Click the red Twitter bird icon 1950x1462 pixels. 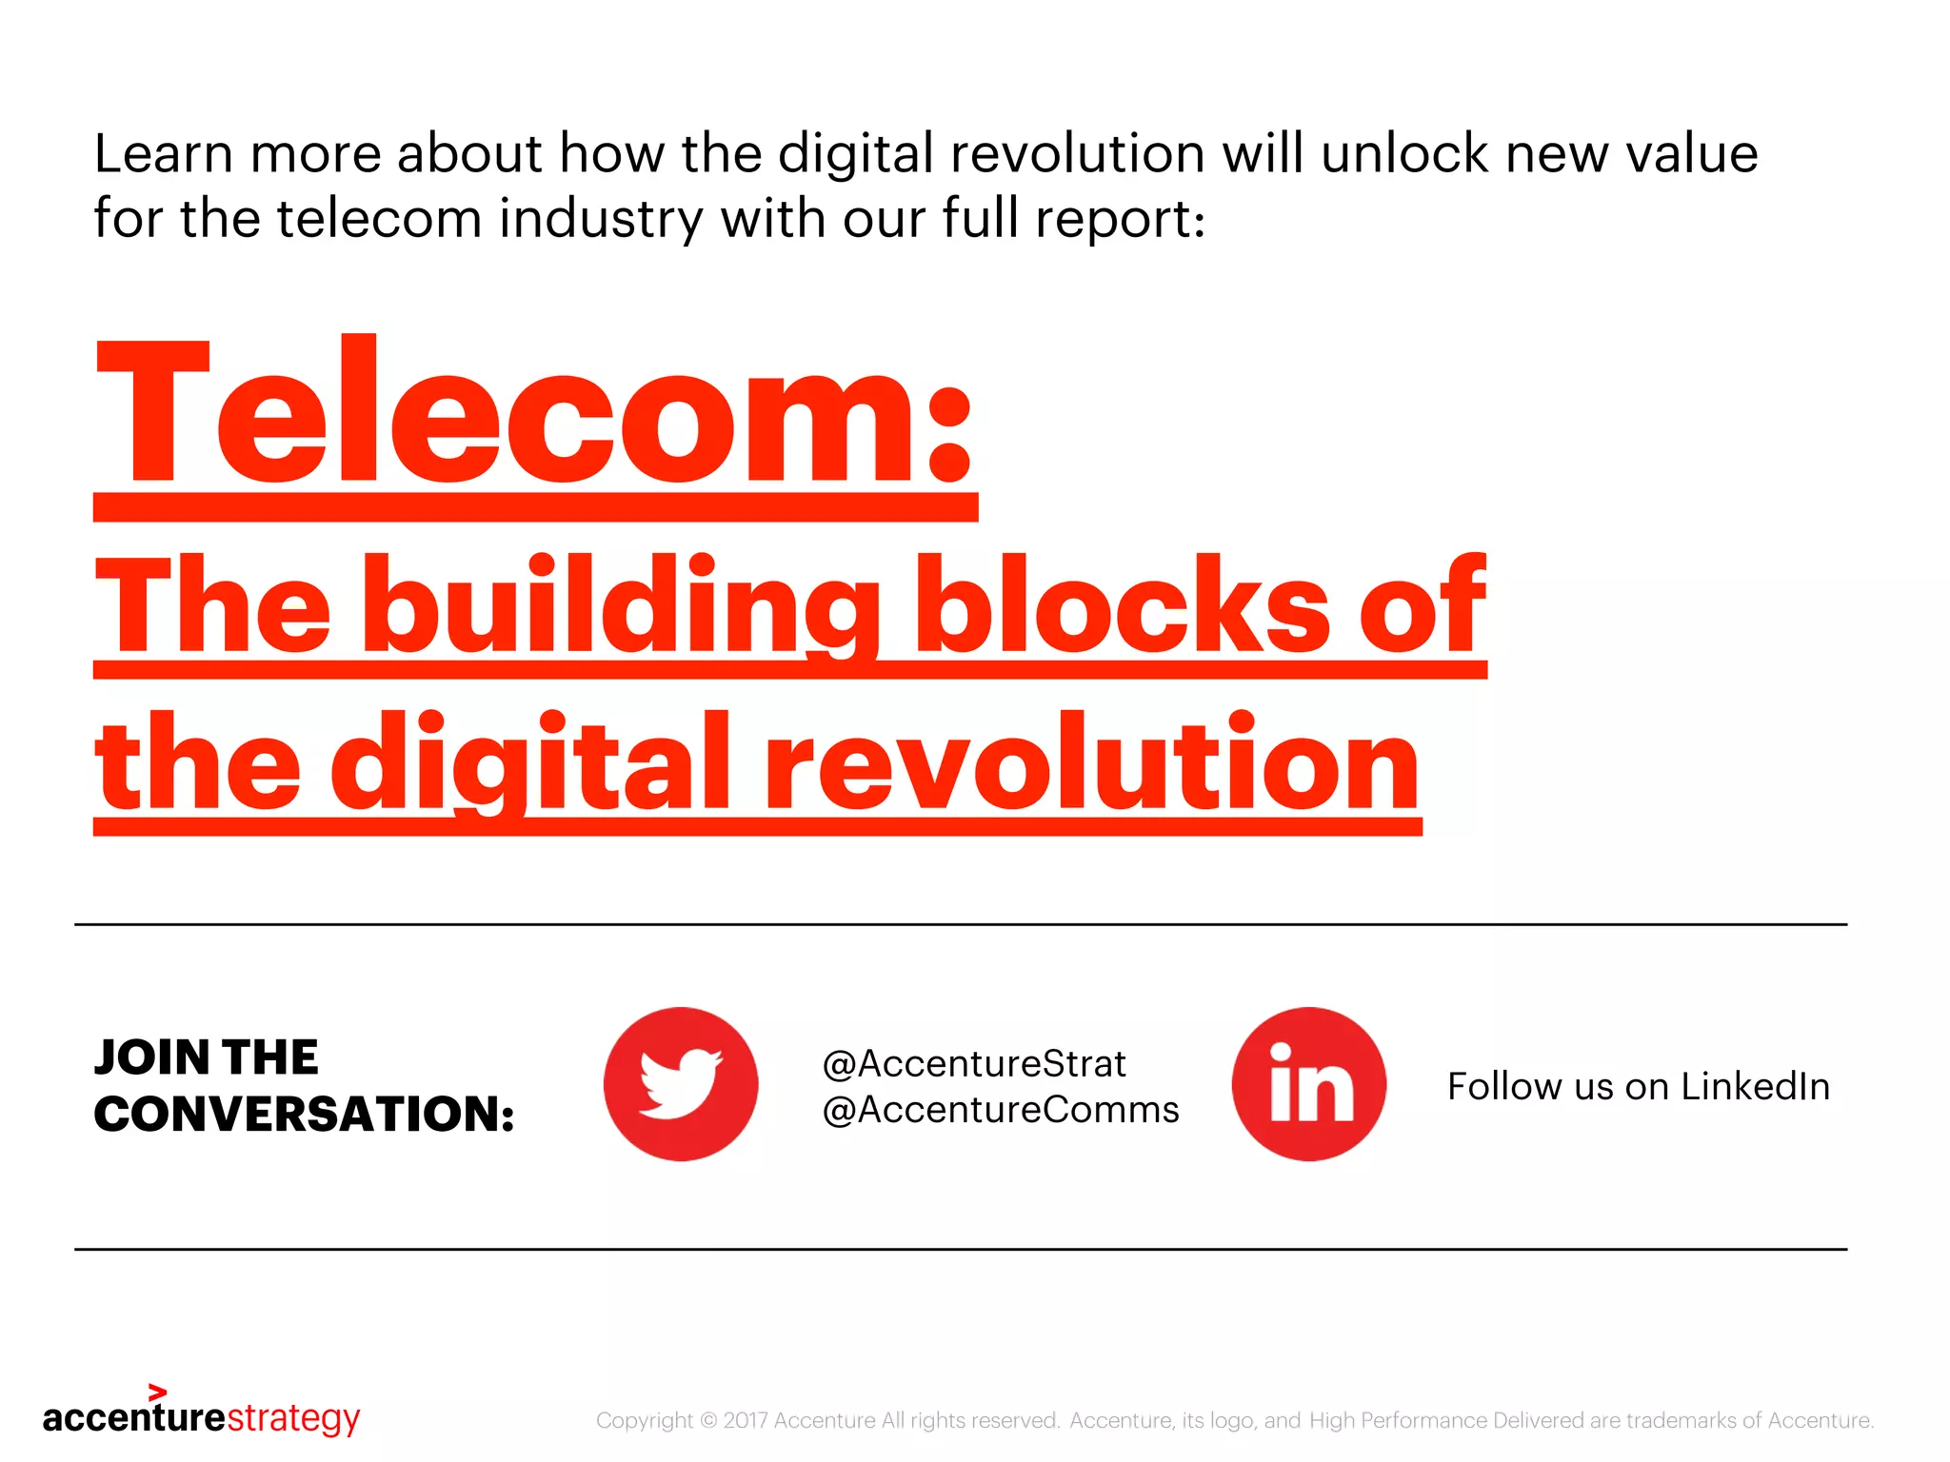(681, 1083)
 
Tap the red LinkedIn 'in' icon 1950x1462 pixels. (1309, 1083)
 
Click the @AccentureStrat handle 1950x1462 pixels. (974, 1064)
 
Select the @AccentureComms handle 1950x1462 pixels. (1001, 1110)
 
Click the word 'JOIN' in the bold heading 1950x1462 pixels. (152, 1057)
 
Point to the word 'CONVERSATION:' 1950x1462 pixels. (305, 1114)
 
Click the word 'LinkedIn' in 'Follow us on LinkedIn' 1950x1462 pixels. (1755, 1086)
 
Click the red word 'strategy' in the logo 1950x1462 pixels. (293, 1418)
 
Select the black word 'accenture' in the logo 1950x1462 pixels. (134, 1418)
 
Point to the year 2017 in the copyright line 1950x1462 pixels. (746, 1420)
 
